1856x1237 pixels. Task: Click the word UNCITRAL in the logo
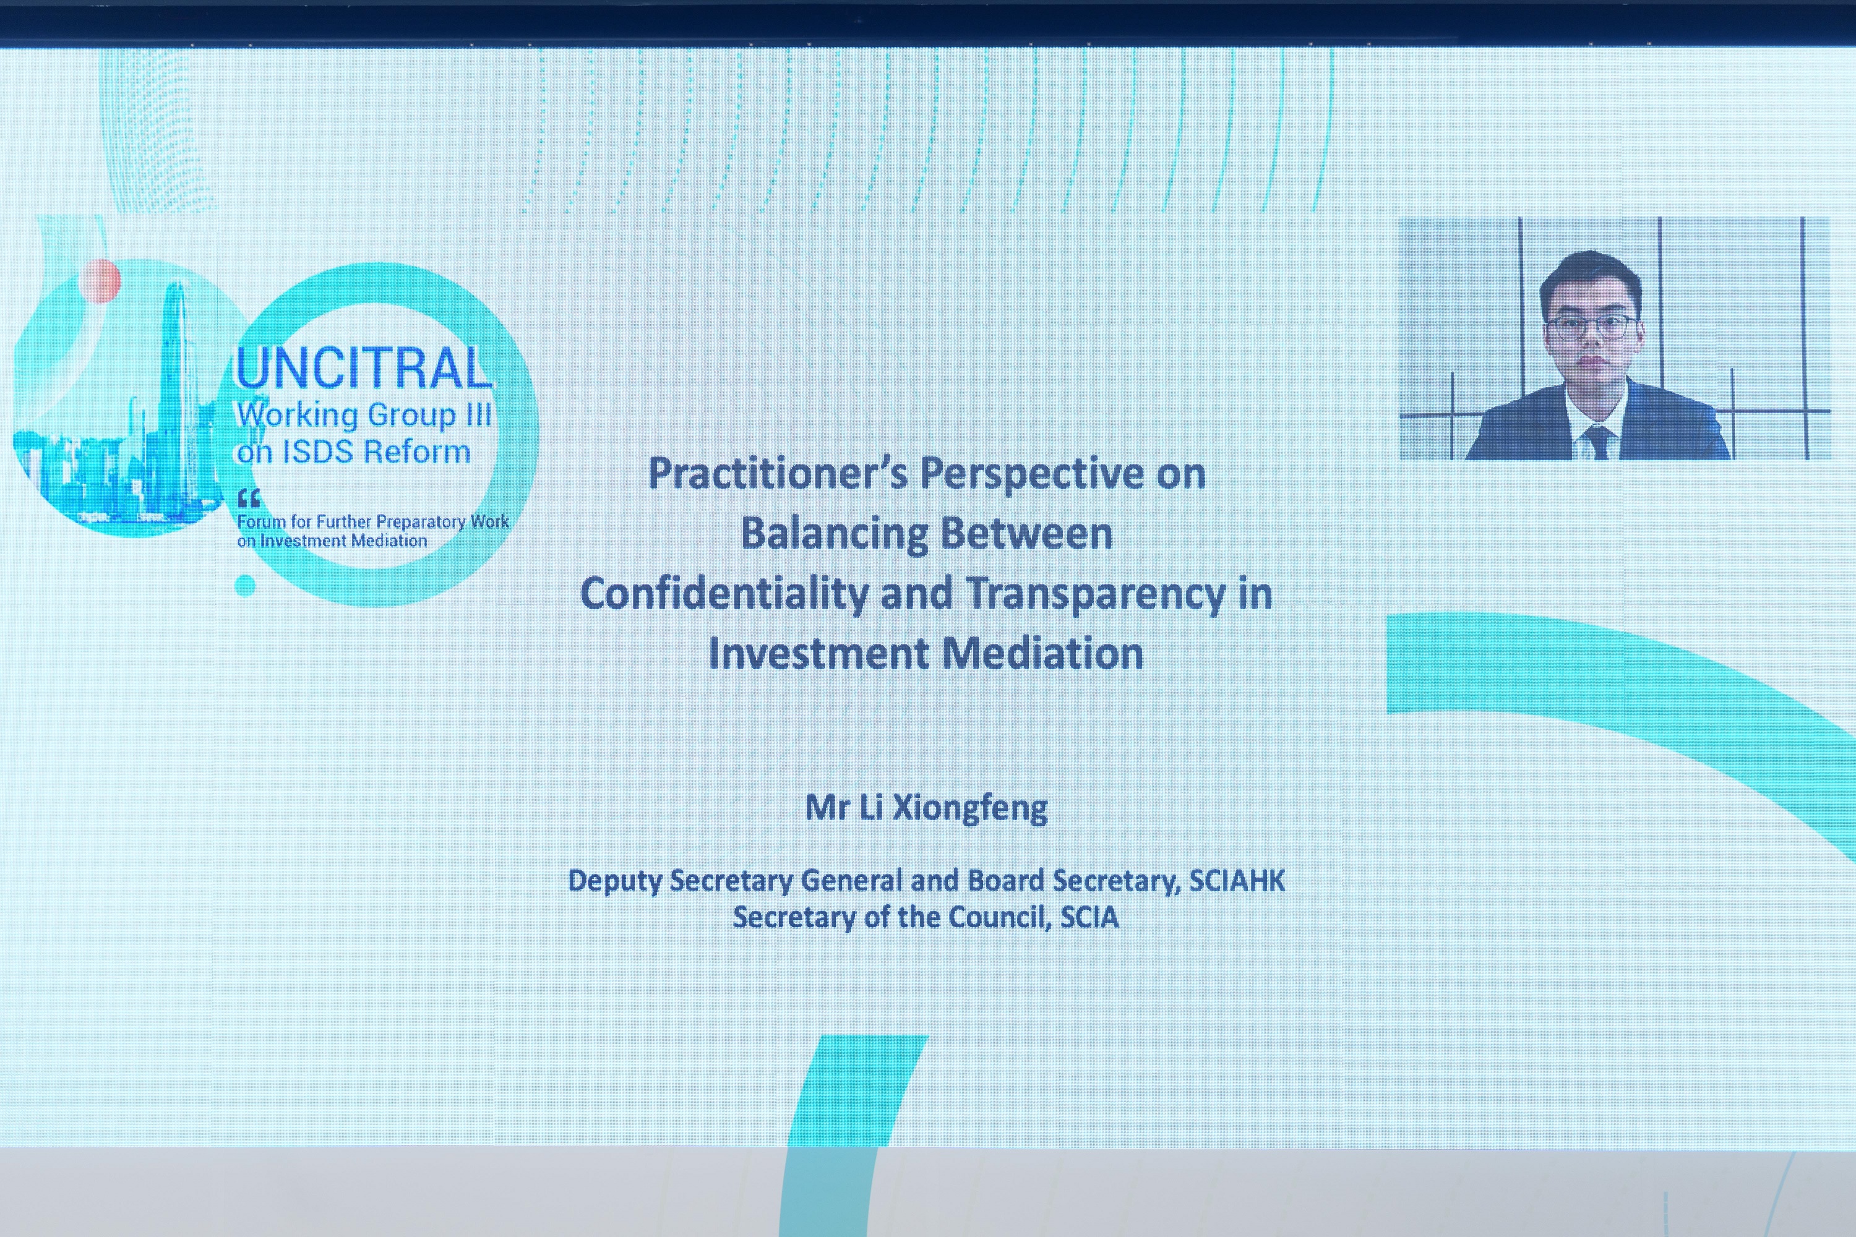pyautogui.click(x=364, y=369)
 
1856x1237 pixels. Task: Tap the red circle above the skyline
pyautogui.click(x=100, y=281)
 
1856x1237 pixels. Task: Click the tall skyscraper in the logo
pyautogui.click(x=174, y=395)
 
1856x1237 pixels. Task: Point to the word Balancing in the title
pyautogui.click(x=834, y=534)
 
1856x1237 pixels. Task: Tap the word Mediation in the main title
pyautogui.click(x=1042, y=653)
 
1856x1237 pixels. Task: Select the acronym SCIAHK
pyautogui.click(x=1237, y=880)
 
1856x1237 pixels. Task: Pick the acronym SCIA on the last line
pyautogui.click(x=1089, y=917)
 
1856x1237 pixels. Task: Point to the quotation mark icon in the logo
pyautogui.click(x=249, y=498)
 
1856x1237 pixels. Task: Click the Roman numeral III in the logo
pyautogui.click(x=478, y=414)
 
